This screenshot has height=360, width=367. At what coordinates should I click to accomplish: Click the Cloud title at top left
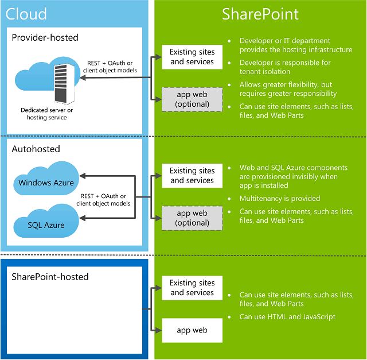tap(26, 14)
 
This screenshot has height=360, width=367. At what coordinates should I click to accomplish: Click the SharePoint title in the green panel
tap(260, 14)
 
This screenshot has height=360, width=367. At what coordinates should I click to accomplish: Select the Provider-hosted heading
tap(45, 37)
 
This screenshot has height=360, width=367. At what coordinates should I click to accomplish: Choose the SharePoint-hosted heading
tap(50, 277)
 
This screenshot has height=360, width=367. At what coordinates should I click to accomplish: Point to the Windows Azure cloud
tap(46, 183)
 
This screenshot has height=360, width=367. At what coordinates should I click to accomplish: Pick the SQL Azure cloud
tap(46, 224)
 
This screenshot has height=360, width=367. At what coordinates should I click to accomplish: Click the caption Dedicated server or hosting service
tap(47, 113)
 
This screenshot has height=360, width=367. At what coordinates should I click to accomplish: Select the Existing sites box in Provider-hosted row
tap(192, 57)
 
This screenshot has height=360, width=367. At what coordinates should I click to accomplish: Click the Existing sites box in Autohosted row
tap(192, 175)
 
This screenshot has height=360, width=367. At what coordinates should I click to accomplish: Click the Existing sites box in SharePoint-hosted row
tap(192, 288)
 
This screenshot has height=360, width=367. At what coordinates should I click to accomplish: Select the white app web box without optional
tap(192, 330)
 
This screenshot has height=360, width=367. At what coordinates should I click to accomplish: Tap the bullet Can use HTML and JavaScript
tap(287, 316)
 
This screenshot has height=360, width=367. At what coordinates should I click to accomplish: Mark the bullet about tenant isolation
tap(285, 67)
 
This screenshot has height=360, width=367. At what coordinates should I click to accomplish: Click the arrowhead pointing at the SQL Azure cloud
tap(83, 218)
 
